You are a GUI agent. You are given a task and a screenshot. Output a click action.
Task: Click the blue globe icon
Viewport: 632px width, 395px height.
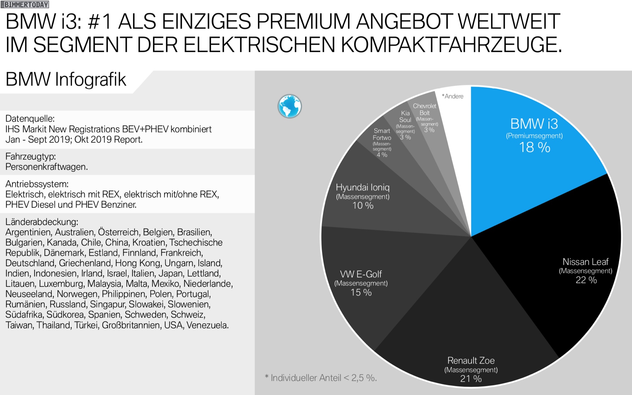pos(290,106)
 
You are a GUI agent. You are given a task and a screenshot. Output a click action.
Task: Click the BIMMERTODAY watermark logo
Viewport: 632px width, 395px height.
pos(25,5)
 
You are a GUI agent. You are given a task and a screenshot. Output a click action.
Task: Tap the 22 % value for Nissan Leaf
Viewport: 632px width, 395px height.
pos(586,280)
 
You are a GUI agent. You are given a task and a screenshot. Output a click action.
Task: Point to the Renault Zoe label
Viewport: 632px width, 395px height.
pos(471,360)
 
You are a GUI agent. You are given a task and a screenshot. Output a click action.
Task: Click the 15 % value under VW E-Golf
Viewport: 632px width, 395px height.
pos(361,292)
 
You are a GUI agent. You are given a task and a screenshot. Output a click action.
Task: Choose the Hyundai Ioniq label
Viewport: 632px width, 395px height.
pos(362,187)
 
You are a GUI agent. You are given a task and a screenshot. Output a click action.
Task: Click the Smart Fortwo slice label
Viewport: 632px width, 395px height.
pos(382,134)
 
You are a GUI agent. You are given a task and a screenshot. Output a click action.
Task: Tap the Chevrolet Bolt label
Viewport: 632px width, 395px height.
pos(424,109)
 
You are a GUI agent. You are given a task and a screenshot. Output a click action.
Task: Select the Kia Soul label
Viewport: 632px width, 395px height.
pos(405,116)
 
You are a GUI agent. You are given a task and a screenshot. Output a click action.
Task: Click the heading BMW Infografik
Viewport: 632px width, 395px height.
pos(66,79)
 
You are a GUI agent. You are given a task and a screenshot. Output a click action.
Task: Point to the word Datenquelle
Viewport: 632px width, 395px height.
pos(30,119)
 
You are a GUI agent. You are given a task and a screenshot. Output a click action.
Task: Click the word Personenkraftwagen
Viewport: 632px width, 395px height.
pos(46,167)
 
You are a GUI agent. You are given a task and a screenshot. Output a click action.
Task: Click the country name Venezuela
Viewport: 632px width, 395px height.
pos(207,325)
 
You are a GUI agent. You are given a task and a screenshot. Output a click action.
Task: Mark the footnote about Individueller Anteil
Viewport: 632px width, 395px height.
pos(321,378)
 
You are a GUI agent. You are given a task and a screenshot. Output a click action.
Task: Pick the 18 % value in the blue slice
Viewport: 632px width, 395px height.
pos(534,147)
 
